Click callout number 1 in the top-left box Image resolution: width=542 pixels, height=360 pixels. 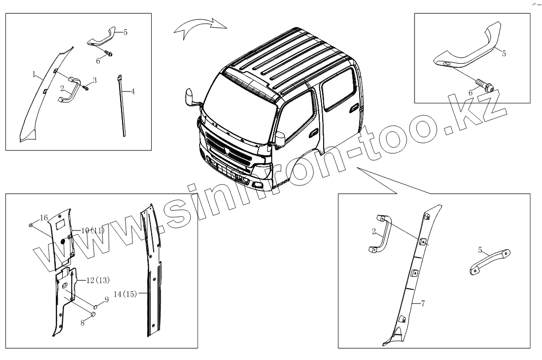click(34, 75)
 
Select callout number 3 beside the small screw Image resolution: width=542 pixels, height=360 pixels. click(94, 80)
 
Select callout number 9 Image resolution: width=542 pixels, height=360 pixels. click(106, 299)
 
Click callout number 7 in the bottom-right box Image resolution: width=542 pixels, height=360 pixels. click(422, 303)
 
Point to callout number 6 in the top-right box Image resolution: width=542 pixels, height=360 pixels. click(470, 92)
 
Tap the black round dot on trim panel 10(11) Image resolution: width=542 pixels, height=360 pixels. click(64, 242)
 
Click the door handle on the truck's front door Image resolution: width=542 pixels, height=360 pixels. click(313, 133)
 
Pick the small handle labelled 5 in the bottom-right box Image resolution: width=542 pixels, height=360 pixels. click(490, 260)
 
